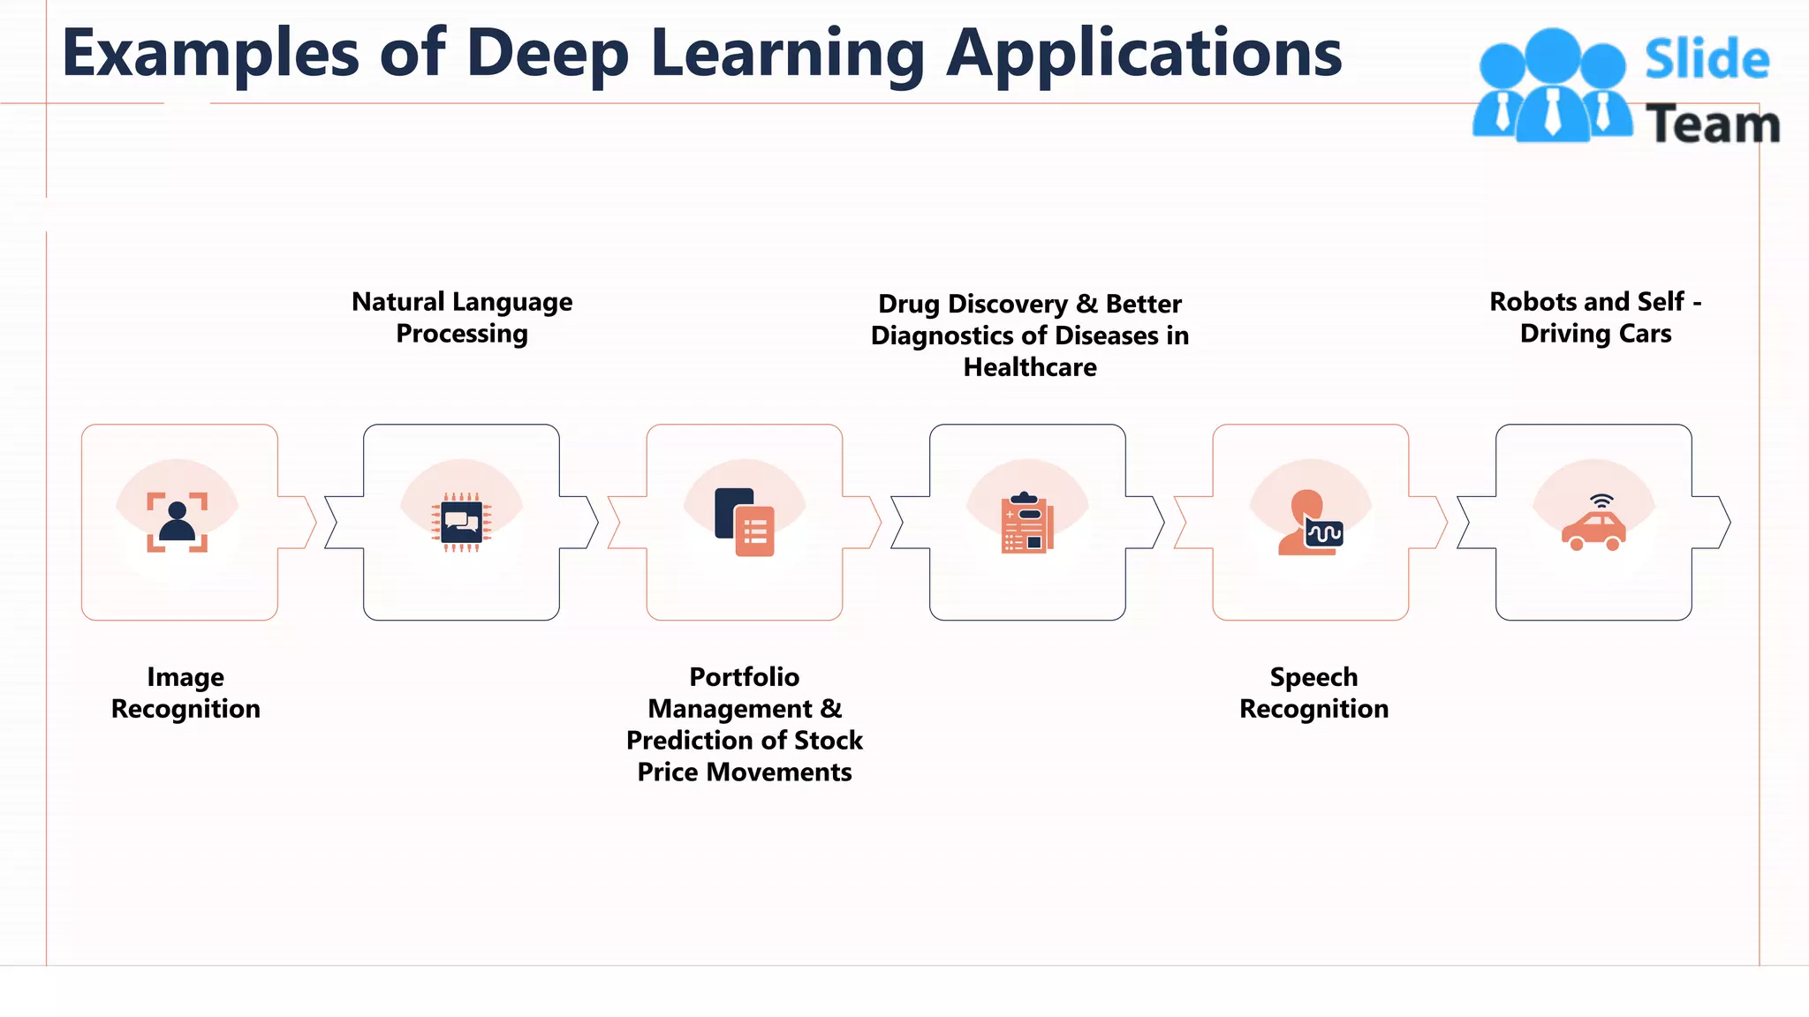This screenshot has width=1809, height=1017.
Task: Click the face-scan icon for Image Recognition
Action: click(x=178, y=523)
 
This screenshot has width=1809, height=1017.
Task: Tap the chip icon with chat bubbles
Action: click(x=461, y=523)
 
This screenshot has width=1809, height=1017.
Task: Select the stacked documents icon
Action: click(x=745, y=523)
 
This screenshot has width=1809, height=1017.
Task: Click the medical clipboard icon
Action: click(x=1026, y=523)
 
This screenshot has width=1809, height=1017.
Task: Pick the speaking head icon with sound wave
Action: click(x=1310, y=524)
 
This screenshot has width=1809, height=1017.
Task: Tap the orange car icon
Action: click(x=1593, y=531)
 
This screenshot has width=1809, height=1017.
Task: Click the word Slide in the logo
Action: click(x=1707, y=60)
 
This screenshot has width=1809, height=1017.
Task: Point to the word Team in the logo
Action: click(x=1712, y=124)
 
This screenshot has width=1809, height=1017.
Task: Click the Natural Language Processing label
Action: click(x=462, y=318)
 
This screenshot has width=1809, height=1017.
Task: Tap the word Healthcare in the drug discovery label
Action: click(x=1030, y=367)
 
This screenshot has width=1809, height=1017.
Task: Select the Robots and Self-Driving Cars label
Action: click(x=1595, y=318)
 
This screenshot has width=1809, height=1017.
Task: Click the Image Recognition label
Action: click(x=185, y=693)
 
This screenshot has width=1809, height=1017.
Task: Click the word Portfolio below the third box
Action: click(x=744, y=677)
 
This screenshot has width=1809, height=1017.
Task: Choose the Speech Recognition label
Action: click(x=1313, y=693)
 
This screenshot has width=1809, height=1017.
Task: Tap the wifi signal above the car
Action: click(x=1601, y=501)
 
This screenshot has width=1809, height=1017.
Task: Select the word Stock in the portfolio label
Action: click(x=828, y=741)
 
